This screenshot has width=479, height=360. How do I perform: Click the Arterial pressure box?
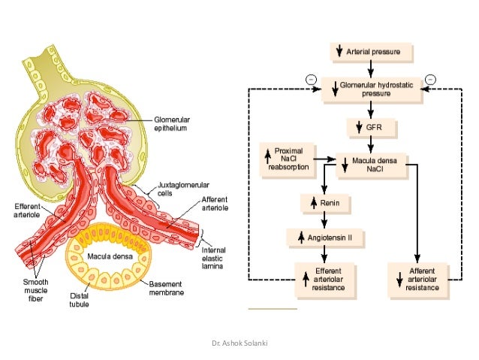pos(371,53)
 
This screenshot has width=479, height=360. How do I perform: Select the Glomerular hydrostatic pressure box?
pos(371,90)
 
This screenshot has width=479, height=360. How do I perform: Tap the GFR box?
pos(371,128)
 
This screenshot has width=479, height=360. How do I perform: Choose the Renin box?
pos(324,203)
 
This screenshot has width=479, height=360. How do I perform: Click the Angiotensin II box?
pos(324,238)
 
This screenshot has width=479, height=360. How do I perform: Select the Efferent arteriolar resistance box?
pos(324,277)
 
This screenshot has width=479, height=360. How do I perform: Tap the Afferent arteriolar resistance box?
pos(417,277)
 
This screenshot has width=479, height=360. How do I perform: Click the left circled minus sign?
pos(309,79)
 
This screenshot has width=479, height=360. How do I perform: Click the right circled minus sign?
pos(430,79)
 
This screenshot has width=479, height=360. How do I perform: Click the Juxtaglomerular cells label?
pos(183,188)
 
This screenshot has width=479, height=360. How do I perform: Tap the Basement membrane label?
pos(166,288)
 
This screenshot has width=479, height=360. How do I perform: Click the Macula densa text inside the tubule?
pos(105,256)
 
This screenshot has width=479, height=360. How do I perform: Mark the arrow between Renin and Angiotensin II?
pos(324,220)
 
